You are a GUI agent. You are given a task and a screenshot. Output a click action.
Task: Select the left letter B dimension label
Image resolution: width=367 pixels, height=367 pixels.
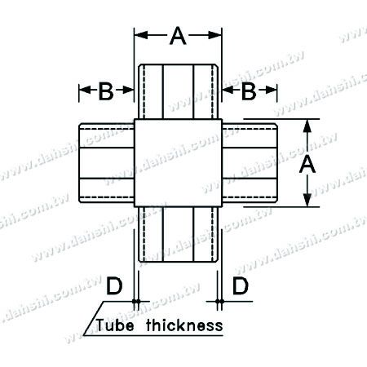click(x=105, y=92)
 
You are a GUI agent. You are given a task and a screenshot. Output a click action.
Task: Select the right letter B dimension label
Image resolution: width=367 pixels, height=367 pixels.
click(x=250, y=92)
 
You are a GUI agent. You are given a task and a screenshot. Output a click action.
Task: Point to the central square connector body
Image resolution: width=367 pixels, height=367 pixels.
click(x=179, y=163)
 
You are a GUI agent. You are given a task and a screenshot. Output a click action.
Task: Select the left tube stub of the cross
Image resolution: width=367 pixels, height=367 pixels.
click(x=107, y=163)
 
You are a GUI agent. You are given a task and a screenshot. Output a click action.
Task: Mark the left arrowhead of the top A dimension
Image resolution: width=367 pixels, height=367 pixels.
click(x=139, y=35)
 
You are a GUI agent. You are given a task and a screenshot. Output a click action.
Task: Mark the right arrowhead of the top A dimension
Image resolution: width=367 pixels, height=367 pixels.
click(x=218, y=35)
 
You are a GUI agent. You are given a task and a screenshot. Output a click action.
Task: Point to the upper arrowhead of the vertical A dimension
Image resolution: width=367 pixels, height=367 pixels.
click(x=307, y=126)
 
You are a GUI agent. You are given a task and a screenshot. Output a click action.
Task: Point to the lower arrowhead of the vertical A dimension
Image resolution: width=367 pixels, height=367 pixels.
click(x=307, y=201)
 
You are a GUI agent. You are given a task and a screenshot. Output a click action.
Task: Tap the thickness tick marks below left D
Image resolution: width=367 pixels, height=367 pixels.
click(x=135, y=304)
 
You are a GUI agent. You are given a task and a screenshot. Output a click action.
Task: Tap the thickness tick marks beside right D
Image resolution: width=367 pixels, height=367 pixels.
click(x=220, y=304)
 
